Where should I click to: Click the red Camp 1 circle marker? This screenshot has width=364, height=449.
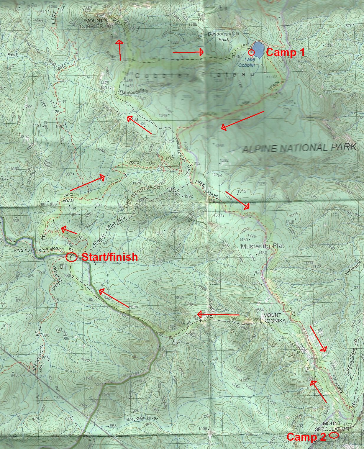point(251,53)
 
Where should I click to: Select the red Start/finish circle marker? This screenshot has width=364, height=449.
point(71,257)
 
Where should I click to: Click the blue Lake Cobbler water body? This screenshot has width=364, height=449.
point(258,50)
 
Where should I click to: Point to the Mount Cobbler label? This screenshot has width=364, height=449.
point(94,23)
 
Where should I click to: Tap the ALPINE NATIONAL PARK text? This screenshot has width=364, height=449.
point(299,148)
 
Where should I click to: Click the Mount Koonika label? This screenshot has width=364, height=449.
point(274,317)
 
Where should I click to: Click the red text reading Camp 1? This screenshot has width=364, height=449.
point(285,53)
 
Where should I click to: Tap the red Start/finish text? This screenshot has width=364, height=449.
point(109,257)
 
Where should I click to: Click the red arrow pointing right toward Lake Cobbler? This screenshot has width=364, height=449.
point(188,53)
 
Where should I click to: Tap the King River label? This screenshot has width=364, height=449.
point(146,418)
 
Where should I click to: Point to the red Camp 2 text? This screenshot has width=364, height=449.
point(306,437)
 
